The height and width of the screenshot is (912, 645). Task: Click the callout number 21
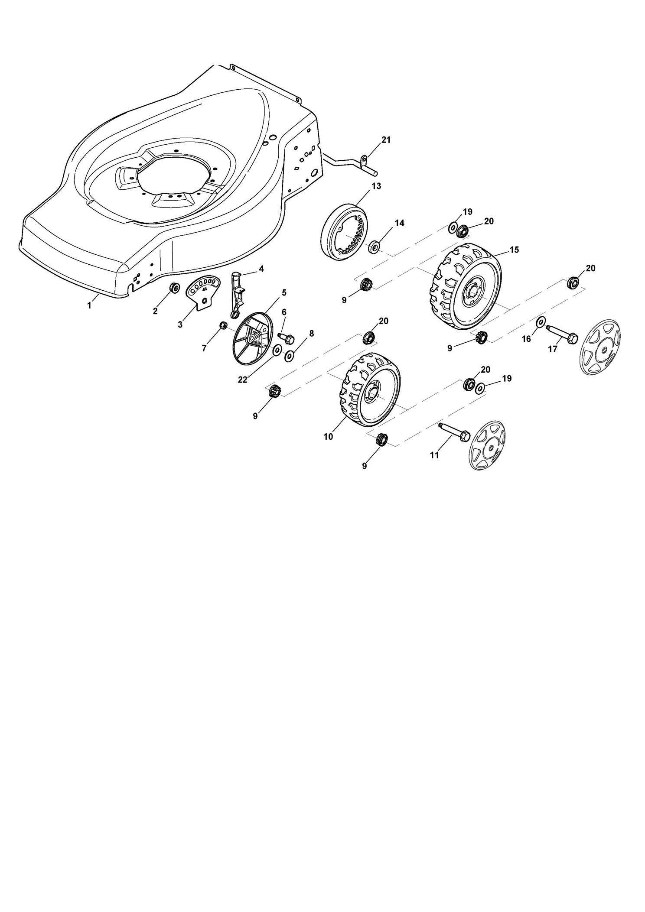coord(386,140)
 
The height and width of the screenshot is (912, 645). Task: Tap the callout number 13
coord(376,186)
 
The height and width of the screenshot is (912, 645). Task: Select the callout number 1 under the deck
coord(89,305)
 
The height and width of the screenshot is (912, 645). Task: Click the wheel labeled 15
coord(462,286)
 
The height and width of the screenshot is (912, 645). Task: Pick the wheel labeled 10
coord(370,389)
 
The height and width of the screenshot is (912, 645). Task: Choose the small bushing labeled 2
coord(175,287)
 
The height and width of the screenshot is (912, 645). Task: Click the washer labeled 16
coord(541,322)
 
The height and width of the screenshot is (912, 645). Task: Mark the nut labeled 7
coord(224,325)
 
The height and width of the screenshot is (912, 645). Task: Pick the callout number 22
coord(242,380)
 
